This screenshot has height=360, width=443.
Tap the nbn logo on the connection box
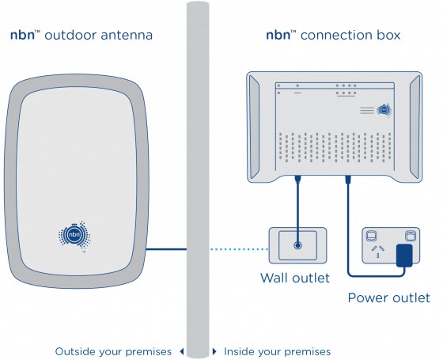click(x=384, y=111)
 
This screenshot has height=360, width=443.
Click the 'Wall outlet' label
click(x=295, y=278)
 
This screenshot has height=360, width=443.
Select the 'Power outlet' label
click(x=389, y=297)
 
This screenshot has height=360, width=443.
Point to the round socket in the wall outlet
click(x=297, y=244)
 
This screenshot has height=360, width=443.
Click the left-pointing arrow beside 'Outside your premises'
click(x=181, y=351)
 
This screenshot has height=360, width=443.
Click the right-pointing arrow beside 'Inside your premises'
click(x=214, y=351)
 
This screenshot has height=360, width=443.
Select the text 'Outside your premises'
click(x=114, y=351)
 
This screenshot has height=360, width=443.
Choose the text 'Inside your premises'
click(x=277, y=351)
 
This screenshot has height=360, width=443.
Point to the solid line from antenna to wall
click(x=166, y=249)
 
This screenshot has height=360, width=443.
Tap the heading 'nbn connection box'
click(x=333, y=36)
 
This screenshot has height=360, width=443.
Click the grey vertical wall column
click(x=198, y=158)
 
